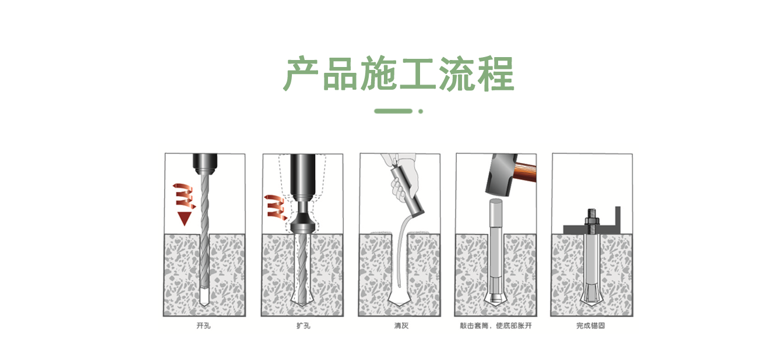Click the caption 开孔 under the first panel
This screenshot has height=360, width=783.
[x=203, y=326]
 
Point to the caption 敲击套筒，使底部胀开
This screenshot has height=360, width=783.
[x=496, y=326]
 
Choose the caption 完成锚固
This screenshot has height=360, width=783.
[x=591, y=326]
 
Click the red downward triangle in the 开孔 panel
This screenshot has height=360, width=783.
[x=185, y=218]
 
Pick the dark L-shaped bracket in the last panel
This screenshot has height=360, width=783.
[x=616, y=220]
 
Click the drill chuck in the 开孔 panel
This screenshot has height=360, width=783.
[x=204, y=161]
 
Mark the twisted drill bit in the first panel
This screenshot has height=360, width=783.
[x=204, y=233]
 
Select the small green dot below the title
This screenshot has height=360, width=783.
[x=421, y=111]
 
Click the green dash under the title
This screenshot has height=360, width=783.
[x=393, y=111]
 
